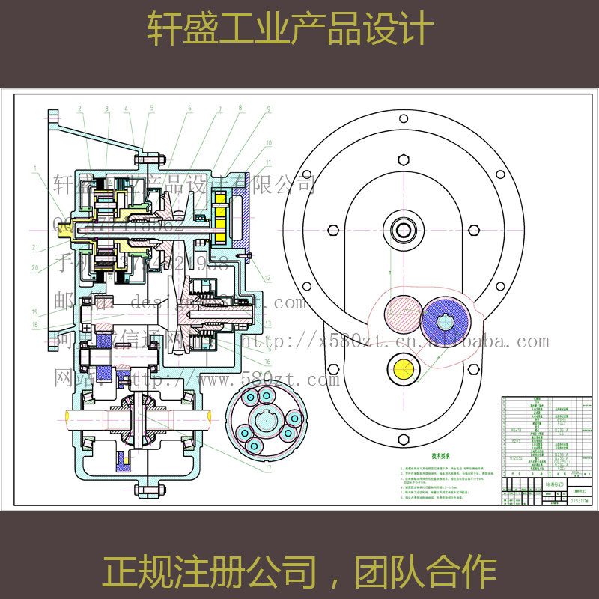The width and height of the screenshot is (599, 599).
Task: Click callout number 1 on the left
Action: point(34,168)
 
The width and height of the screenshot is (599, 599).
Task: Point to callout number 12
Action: point(267,278)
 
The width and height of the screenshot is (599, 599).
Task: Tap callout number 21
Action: point(34,246)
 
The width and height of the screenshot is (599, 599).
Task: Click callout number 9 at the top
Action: point(267,109)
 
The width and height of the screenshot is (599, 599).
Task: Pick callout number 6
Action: point(190,109)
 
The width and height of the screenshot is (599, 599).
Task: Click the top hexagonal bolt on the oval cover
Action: point(404,159)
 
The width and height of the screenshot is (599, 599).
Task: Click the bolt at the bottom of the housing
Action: point(148,490)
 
